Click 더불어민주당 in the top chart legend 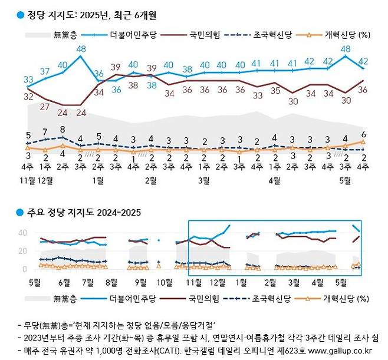pyautogui.click(x=136, y=35)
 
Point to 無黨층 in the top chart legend pyautogui.click(x=65, y=35)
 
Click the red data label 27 pyautogui.click(x=45, y=107)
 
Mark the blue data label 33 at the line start pyautogui.click(x=28, y=80)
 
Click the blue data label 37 pyautogui.click(x=45, y=72)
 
